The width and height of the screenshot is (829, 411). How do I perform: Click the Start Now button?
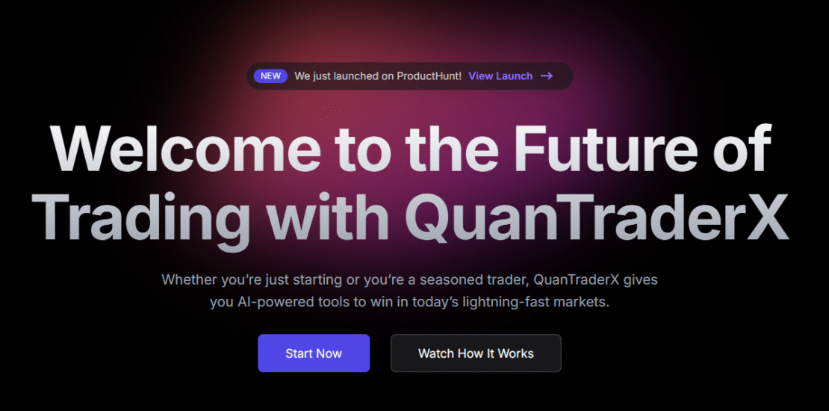tap(314, 353)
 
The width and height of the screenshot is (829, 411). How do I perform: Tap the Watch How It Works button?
tap(476, 353)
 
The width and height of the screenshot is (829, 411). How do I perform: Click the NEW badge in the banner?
tap(270, 76)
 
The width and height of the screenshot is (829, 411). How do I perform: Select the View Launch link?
tap(500, 76)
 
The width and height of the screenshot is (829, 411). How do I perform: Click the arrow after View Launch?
tap(547, 76)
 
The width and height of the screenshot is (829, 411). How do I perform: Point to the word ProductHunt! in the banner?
tap(429, 76)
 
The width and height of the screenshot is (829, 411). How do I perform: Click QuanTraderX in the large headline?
tap(597, 217)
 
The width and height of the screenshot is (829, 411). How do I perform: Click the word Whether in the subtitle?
tap(190, 280)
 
